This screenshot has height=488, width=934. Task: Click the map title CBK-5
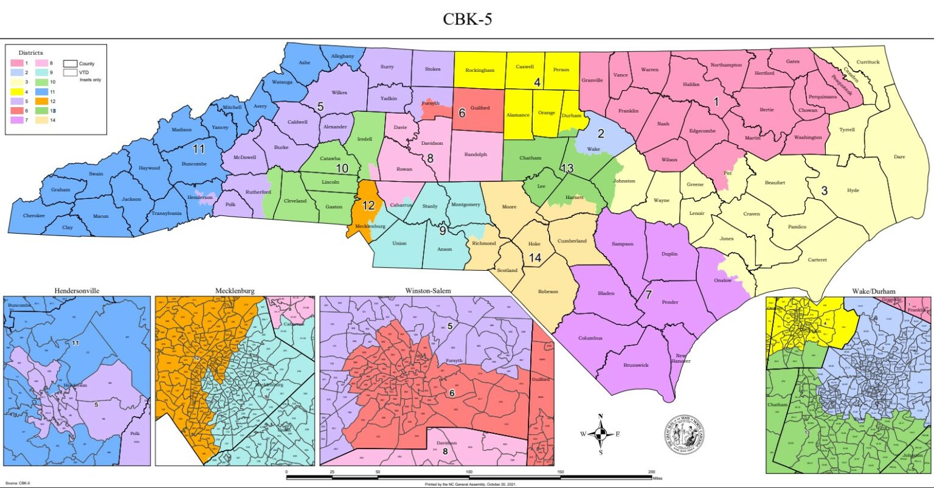(467, 19)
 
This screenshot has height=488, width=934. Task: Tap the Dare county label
(899, 157)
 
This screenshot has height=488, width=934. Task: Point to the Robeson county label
(548, 291)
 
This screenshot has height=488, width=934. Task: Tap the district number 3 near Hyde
(824, 190)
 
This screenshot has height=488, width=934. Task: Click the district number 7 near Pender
(648, 296)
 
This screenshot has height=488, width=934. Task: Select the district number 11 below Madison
(199, 149)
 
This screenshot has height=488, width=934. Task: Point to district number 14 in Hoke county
(535, 258)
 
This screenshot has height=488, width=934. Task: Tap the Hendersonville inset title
(77, 290)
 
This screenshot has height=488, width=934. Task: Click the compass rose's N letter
(601, 416)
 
